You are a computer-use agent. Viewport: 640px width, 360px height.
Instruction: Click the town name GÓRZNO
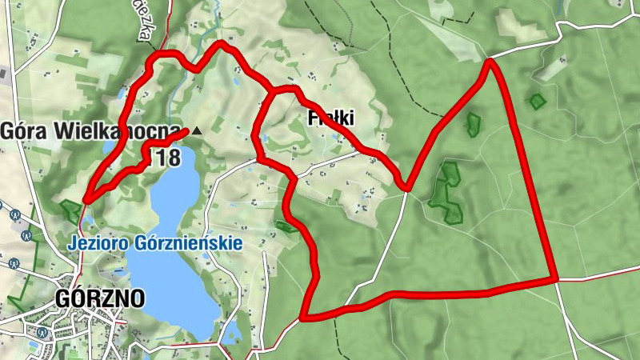point(101,299)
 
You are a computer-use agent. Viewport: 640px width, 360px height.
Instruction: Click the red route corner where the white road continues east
point(555,279)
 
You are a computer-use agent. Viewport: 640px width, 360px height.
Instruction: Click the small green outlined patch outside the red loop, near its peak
point(537,101)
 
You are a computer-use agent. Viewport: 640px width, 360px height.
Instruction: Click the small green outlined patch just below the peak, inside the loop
point(474,124)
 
